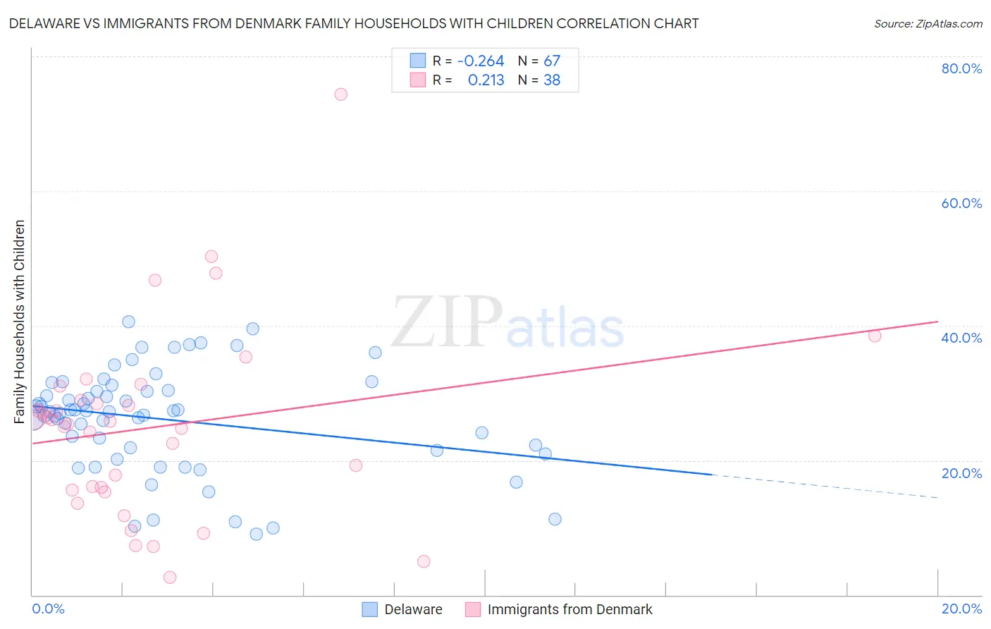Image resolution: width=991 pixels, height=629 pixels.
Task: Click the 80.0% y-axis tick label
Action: (x=961, y=68)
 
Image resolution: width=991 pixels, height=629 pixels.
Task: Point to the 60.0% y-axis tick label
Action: (x=961, y=203)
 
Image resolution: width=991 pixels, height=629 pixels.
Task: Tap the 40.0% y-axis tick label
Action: (x=961, y=338)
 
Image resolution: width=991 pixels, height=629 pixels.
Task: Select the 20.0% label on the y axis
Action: (x=961, y=473)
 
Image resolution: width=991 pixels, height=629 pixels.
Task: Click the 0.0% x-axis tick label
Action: (x=48, y=609)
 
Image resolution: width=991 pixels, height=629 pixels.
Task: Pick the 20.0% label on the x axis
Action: (x=961, y=609)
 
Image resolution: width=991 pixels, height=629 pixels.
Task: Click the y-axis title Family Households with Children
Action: (x=20, y=322)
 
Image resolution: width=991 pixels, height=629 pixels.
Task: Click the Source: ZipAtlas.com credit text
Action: (x=928, y=23)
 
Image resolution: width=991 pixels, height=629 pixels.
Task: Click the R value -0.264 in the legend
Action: (x=481, y=61)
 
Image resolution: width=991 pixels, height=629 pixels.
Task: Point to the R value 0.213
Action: (x=486, y=80)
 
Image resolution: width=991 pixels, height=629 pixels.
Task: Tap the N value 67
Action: (x=552, y=61)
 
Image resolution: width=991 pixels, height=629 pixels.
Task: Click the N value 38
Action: (x=552, y=80)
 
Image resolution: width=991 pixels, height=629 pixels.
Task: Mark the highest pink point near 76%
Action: (x=340, y=94)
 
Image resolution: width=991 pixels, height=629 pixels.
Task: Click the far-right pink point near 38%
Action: (x=875, y=336)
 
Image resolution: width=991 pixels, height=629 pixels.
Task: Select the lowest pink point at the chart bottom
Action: (x=170, y=578)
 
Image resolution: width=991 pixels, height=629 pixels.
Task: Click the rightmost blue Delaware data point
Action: (x=555, y=519)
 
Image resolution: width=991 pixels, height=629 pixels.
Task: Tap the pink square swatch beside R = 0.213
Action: (x=418, y=80)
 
